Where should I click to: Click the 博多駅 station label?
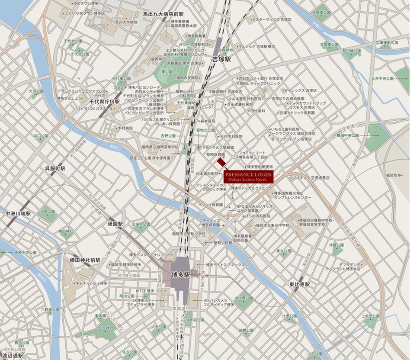pos(180,274)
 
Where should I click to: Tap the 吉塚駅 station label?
pos(221,59)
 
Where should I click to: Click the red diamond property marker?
pos(221,162)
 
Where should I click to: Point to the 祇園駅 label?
pos(115,224)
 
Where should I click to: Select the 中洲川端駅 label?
pos(18,213)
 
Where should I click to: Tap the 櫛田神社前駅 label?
pos(85,260)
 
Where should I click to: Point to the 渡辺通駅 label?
pos(12,355)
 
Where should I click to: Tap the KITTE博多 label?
pos(145,290)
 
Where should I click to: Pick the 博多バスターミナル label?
pos(144,254)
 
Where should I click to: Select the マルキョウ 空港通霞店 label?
pos(311,177)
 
